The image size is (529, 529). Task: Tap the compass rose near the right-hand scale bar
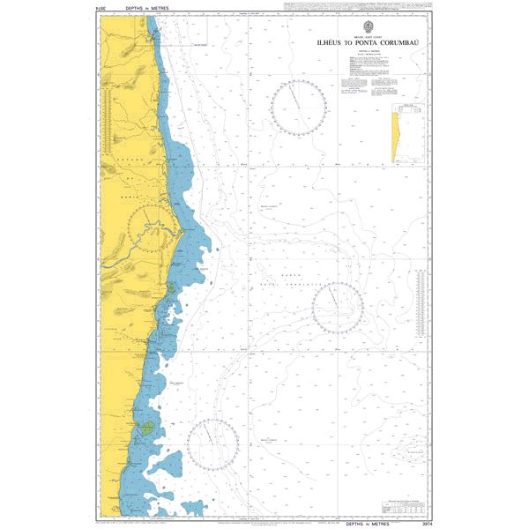click(338, 308)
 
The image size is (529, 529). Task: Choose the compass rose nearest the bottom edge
click(212, 444)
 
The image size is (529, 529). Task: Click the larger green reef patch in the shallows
click(145, 428)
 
